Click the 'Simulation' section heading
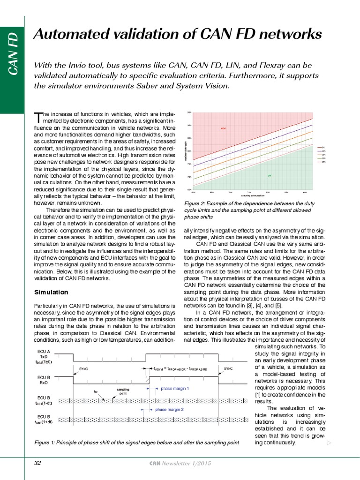[51, 292]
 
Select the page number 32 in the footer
[38, 463]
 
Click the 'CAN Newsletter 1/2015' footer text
[180, 463]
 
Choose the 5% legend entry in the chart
[323, 147]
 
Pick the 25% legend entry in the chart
[323, 162]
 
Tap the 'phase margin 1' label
[174, 388]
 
